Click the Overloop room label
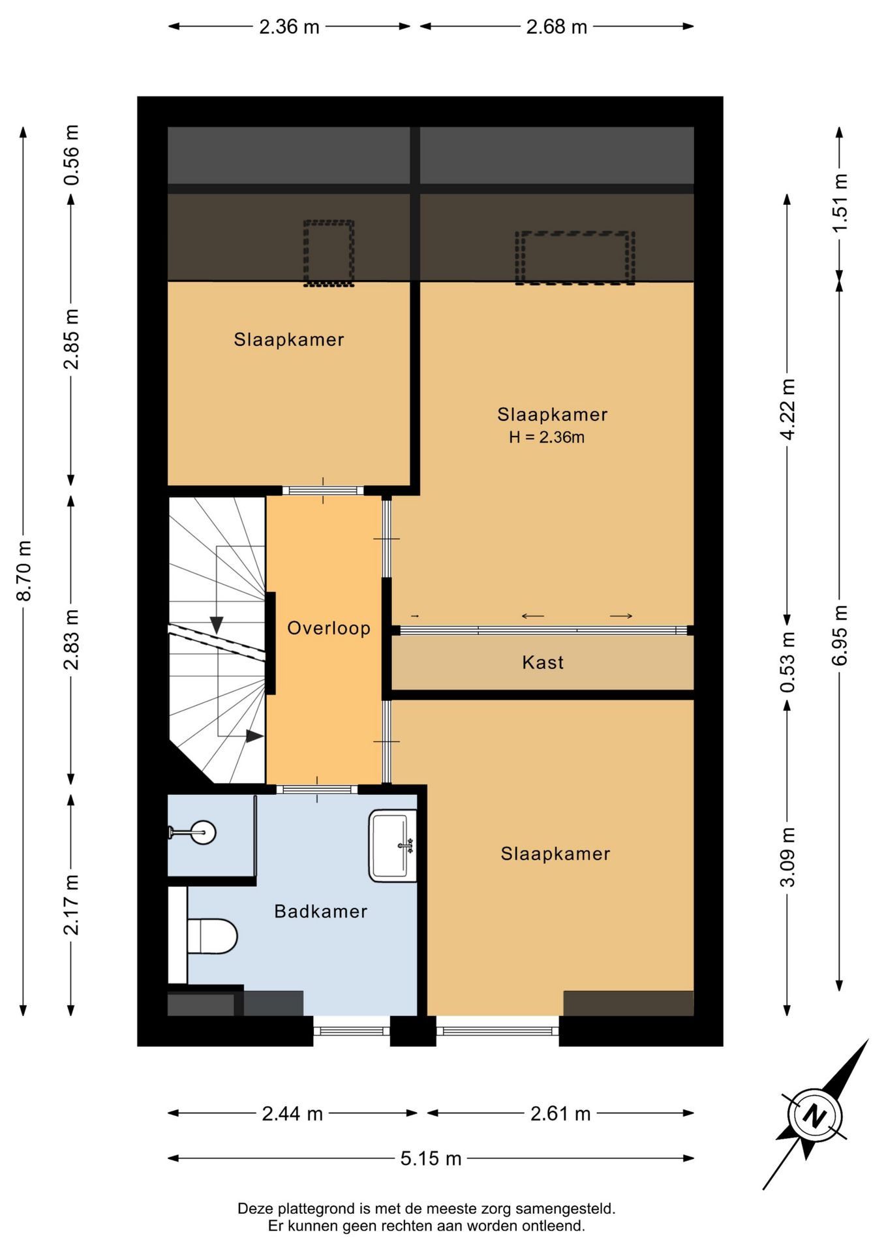329,628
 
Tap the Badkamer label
320,911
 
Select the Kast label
543,662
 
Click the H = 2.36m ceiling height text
547,437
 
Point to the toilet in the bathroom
211,936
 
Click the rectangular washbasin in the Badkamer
393,846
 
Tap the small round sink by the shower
203,832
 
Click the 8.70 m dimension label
24,570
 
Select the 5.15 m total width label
431,1158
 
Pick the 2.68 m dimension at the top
557,27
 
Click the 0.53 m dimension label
787,662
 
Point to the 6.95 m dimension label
840,635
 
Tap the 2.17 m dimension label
71,905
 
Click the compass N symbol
814,1115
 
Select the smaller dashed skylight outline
329,253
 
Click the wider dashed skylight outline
575,258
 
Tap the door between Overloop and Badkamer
317,790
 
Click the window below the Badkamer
352,1031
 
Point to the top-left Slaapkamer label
289,339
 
